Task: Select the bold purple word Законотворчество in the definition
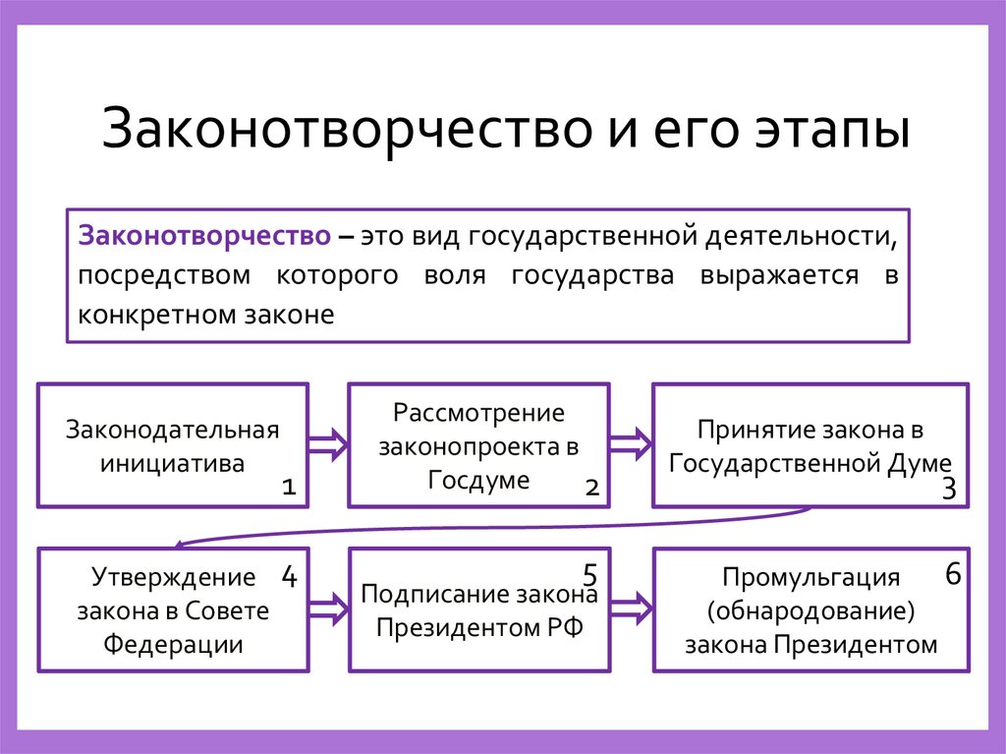[x=204, y=237]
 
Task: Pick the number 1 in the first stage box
[x=288, y=486]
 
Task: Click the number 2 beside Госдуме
[x=591, y=486]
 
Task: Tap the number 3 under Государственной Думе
[x=948, y=489]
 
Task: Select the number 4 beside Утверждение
[x=289, y=576]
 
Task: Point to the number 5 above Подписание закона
[x=590, y=574]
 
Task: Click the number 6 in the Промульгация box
[x=952, y=574]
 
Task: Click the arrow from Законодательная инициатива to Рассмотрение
[x=328, y=444]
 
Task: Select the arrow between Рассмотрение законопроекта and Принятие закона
[x=632, y=444]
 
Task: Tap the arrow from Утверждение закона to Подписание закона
[x=328, y=609]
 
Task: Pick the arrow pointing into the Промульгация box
[x=632, y=609]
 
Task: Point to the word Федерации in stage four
[x=173, y=645]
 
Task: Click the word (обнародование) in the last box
[x=810, y=610]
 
